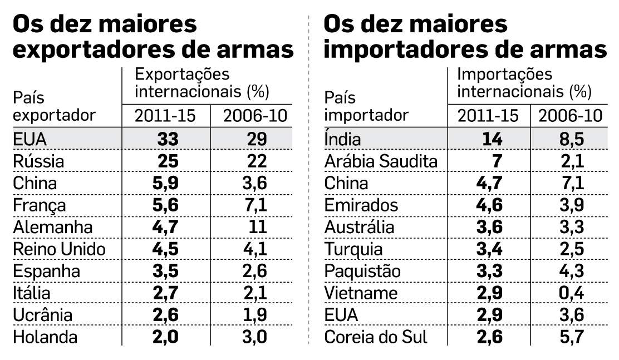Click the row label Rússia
tap(38, 161)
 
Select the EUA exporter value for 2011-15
tap(167, 139)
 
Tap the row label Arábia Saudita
tap(381, 161)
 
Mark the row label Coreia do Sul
tap(377, 337)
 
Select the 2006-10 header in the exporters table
tap(254, 116)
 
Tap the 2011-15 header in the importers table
tap(488, 116)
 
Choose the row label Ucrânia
tap(43, 314)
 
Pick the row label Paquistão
tap(362, 271)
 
